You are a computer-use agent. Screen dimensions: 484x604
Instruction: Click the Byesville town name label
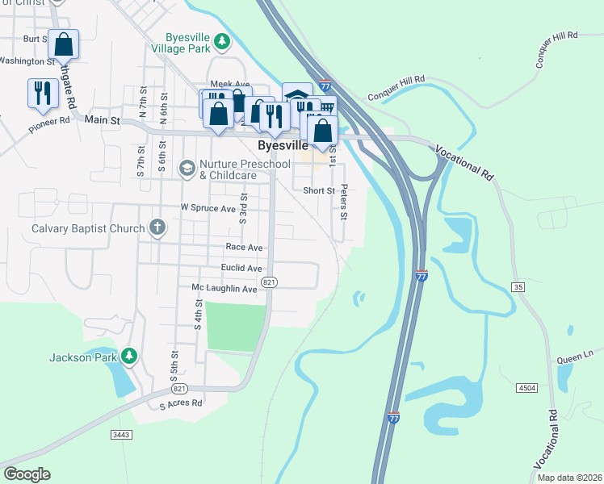(x=283, y=146)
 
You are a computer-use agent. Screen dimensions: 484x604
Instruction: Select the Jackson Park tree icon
(x=128, y=356)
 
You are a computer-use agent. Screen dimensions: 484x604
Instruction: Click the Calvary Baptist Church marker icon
(x=157, y=228)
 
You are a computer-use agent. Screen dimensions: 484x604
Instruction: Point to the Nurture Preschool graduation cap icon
(x=187, y=169)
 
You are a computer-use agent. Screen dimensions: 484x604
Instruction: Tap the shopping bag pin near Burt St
(x=63, y=44)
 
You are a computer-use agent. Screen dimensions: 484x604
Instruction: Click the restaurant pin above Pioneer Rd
(x=42, y=93)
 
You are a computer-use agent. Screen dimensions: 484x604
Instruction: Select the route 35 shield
(x=518, y=287)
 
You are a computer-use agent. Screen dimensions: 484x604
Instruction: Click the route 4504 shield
(x=526, y=389)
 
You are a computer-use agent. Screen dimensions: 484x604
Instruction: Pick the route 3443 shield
(x=121, y=435)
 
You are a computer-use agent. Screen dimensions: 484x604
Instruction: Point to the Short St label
(x=318, y=191)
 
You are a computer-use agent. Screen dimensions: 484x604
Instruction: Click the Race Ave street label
(x=244, y=247)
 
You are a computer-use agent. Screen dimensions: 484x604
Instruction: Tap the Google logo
(x=27, y=474)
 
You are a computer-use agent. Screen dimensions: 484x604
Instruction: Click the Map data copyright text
(x=568, y=478)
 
